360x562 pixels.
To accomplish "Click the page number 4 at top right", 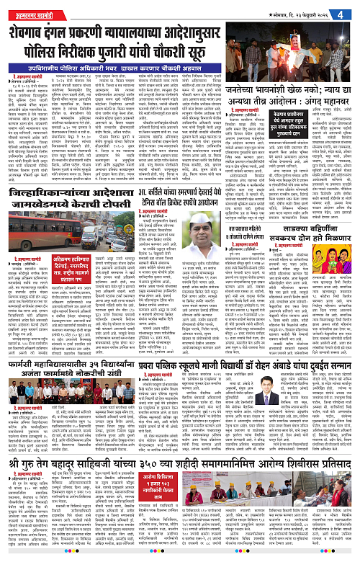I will pyautogui.click(x=349, y=13).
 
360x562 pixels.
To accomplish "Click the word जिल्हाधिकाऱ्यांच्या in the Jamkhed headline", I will pyautogui.click(x=50, y=215).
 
